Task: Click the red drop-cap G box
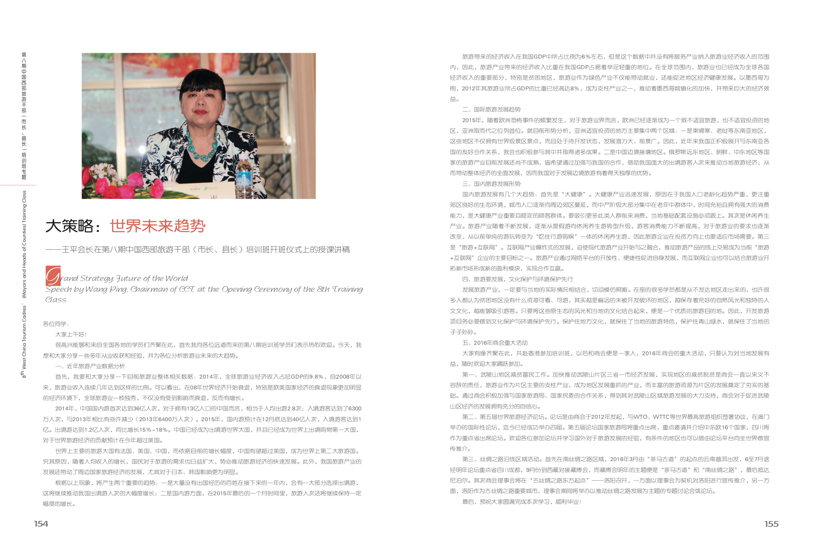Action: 53,276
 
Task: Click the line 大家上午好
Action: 71,334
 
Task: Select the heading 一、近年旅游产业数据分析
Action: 90,366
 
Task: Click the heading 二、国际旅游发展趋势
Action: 491,109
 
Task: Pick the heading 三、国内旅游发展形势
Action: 491,183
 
